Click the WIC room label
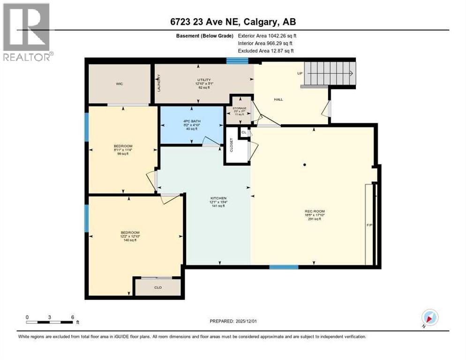[119, 84]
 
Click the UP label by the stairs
[300, 74]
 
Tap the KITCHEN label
[218, 198]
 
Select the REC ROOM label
[315, 211]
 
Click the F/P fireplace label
[369, 225]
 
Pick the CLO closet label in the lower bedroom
[158, 287]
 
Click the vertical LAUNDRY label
[159, 83]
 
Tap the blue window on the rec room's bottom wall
[284, 267]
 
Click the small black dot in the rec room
[305, 165]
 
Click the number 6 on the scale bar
[72, 317]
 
